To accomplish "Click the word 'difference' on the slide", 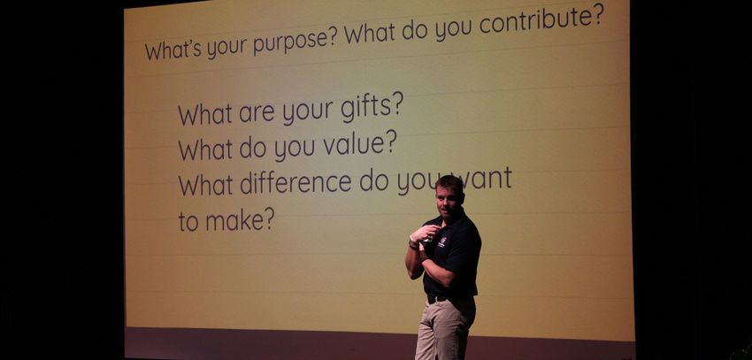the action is (295, 183).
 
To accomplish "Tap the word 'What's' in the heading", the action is (173, 50).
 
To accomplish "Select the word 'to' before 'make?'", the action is (188, 222).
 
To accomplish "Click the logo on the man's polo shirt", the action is (442, 241).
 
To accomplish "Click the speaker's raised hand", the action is (426, 233).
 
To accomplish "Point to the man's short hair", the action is (449, 183).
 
